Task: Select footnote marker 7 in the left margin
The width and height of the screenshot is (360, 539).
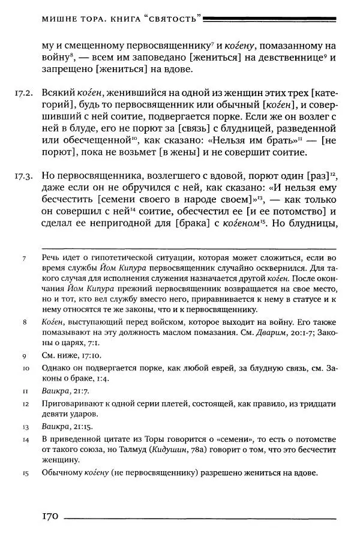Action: point(24,258)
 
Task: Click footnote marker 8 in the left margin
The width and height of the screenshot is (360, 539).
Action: point(24,322)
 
